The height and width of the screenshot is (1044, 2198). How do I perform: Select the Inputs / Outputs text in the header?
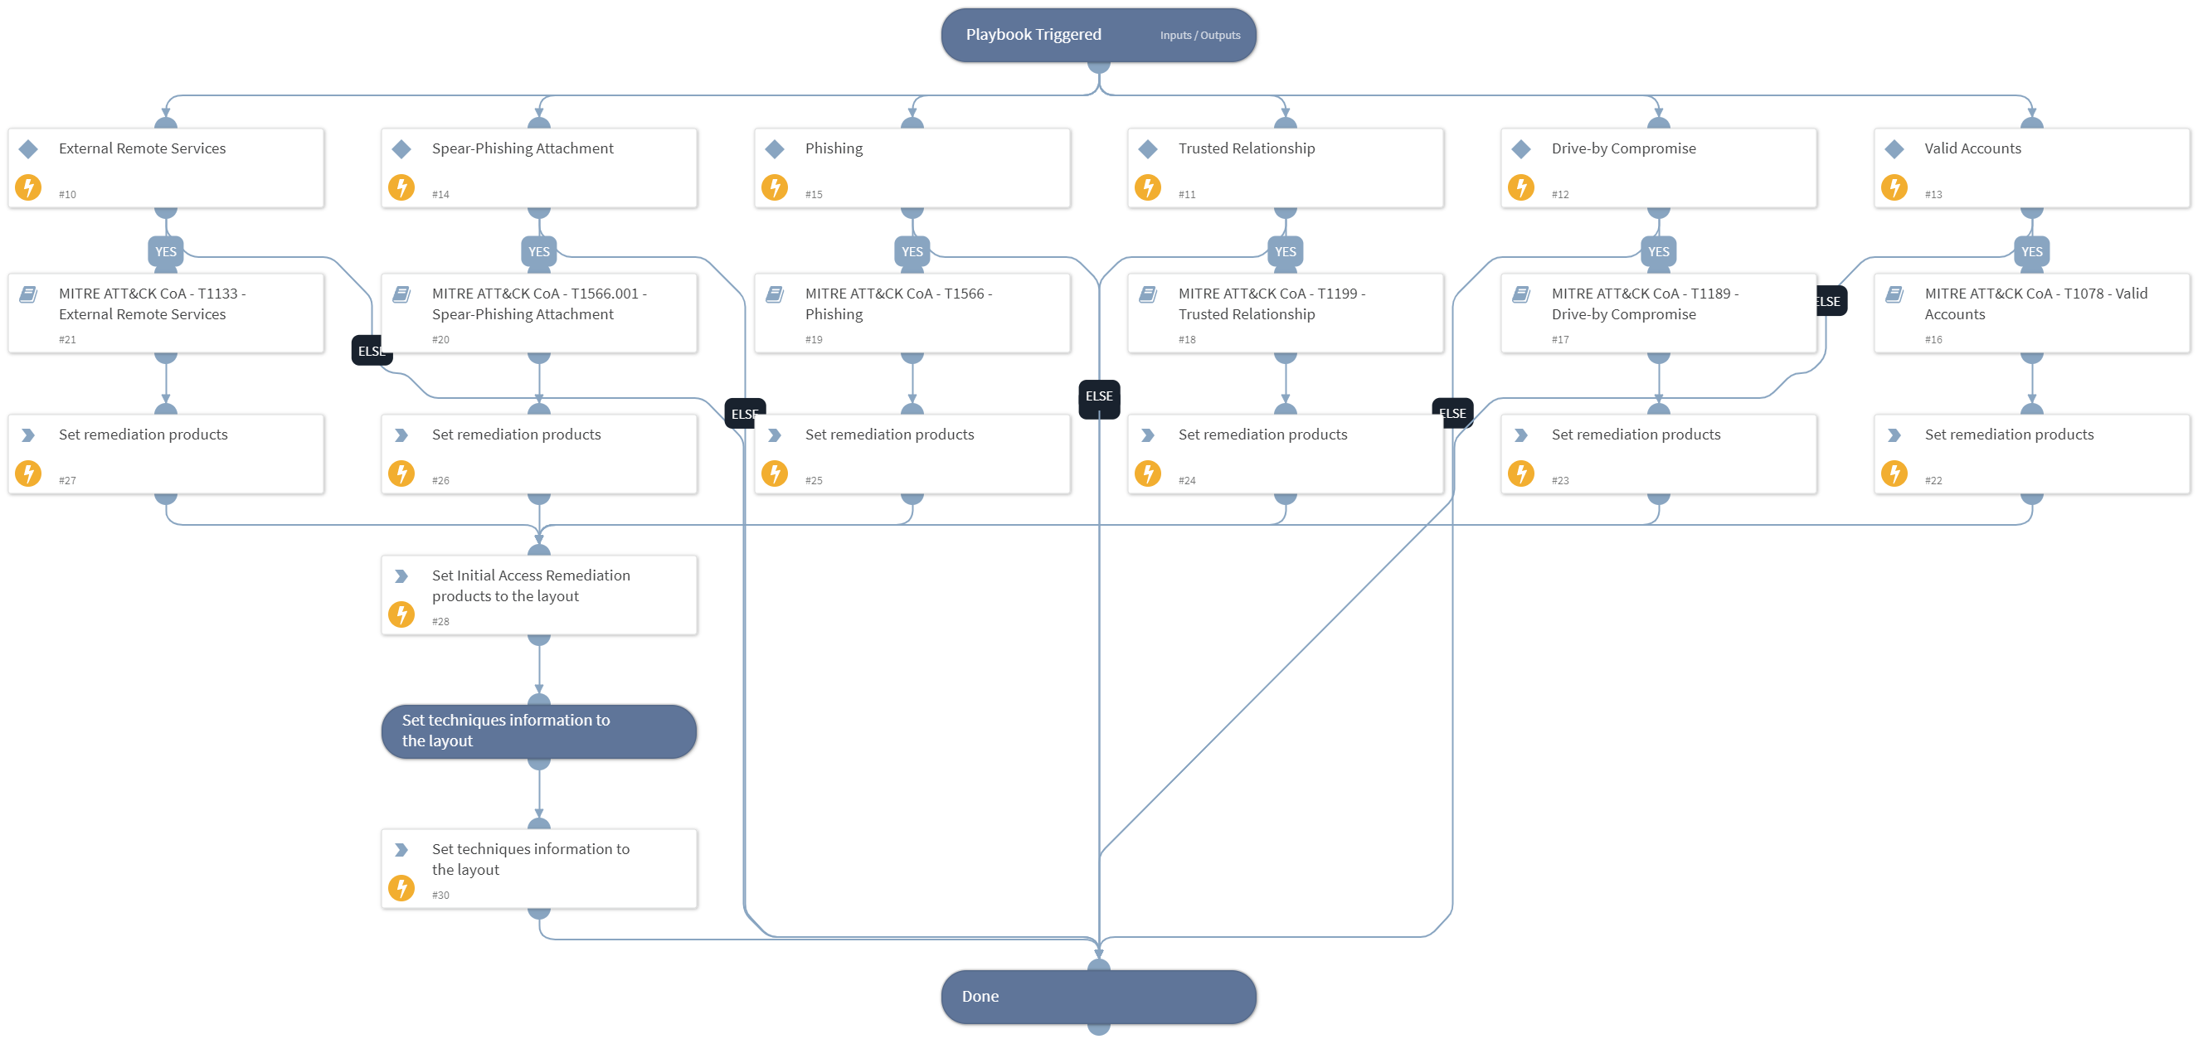coord(1199,36)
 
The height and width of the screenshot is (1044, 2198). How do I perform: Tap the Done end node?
coord(1098,996)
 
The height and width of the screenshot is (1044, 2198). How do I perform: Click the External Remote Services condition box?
coord(166,168)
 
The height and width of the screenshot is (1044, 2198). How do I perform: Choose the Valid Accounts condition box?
coord(2030,168)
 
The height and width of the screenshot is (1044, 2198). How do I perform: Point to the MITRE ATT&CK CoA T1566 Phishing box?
coord(912,313)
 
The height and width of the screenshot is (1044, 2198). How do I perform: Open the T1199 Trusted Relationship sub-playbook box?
coord(1285,313)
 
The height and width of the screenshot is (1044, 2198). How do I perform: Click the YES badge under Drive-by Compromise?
coord(1658,251)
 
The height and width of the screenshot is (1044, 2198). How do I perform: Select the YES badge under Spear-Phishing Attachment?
coord(538,251)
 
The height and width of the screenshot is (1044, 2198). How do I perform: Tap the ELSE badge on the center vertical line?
coord(1098,396)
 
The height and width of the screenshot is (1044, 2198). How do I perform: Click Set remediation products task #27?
coord(166,454)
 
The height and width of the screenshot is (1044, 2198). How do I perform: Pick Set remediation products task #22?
coord(2030,454)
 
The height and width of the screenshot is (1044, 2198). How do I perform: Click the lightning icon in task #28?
coord(401,614)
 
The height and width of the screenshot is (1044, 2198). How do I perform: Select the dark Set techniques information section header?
coord(538,731)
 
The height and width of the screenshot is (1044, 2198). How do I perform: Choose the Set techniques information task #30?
coord(538,868)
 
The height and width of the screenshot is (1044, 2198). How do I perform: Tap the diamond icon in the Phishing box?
coord(775,149)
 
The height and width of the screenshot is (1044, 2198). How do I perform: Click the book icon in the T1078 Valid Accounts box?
coord(1894,294)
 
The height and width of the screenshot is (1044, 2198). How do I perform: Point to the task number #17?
coord(1560,339)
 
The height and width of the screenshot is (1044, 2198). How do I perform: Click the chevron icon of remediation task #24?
coord(1148,435)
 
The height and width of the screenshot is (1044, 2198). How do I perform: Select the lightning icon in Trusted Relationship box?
coord(1148,187)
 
